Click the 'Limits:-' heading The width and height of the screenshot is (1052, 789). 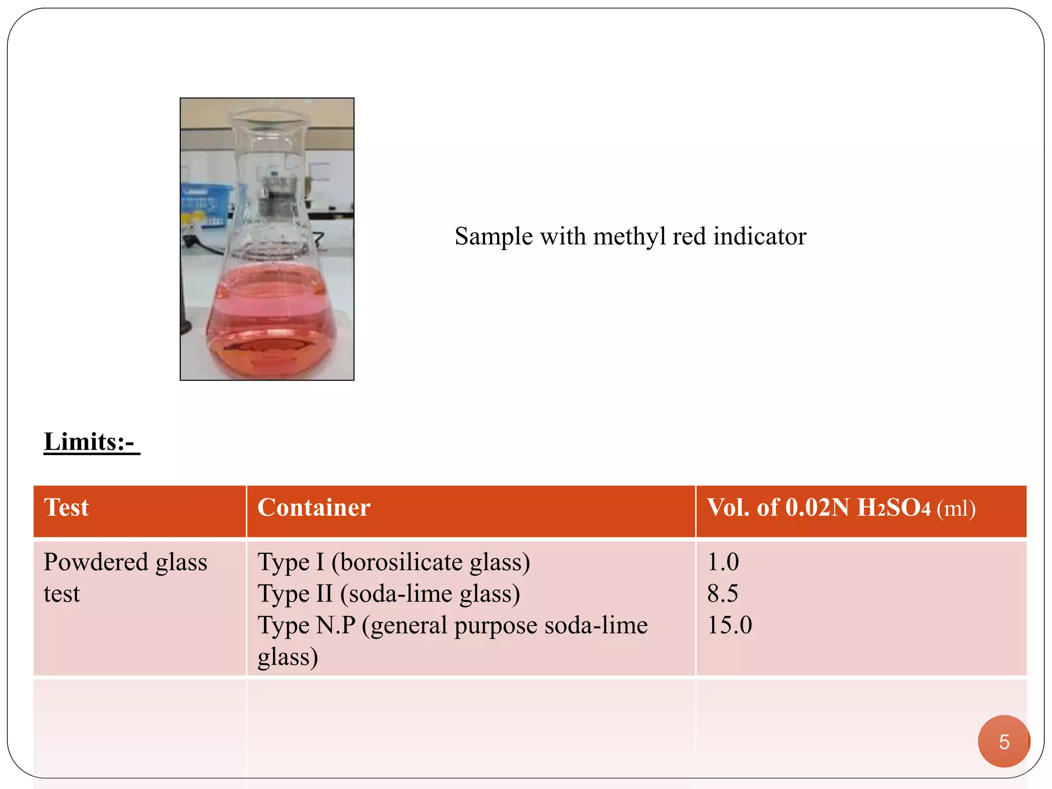[x=91, y=442]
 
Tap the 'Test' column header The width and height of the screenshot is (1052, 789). [x=67, y=508]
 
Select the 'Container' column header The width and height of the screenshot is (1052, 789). [x=314, y=508]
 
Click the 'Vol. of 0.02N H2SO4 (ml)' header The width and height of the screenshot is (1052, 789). [x=841, y=508]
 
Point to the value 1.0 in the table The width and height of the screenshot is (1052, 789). [x=723, y=562]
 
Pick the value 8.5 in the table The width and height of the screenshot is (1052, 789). [x=723, y=594]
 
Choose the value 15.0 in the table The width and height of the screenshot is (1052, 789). [x=729, y=626]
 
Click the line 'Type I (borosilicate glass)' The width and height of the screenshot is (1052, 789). [x=393, y=562]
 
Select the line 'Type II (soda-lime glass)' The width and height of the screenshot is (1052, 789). [x=389, y=594]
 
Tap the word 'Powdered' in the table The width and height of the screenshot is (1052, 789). [x=95, y=562]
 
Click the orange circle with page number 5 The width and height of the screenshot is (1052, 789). [x=1004, y=741]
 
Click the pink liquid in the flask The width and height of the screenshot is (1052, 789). [x=271, y=324]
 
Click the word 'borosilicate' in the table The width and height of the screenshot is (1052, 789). [x=401, y=562]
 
